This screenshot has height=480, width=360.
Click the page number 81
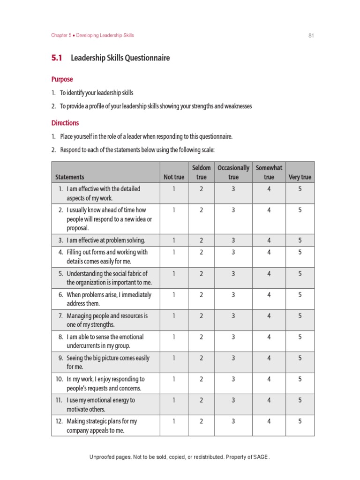(x=310, y=36)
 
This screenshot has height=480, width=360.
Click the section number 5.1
(x=57, y=58)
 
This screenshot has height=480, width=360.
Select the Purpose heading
(x=62, y=79)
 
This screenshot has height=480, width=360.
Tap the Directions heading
(x=65, y=123)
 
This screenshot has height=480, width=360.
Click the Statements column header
(x=70, y=177)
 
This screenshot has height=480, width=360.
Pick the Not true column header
(x=174, y=177)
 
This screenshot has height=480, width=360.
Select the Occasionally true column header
(x=233, y=172)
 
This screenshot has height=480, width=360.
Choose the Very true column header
(x=300, y=177)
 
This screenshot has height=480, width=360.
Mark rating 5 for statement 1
(x=300, y=189)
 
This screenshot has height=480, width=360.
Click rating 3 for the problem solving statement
(x=233, y=240)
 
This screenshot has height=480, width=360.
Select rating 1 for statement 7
(x=174, y=316)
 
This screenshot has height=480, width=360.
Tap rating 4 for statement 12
(x=269, y=421)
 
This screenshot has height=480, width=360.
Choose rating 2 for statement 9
(x=202, y=358)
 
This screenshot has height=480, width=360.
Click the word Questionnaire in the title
(x=147, y=58)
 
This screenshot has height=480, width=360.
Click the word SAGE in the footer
(x=261, y=457)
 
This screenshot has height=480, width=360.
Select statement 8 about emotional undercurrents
(x=105, y=341)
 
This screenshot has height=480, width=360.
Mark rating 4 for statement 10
(x=269, y=379)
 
